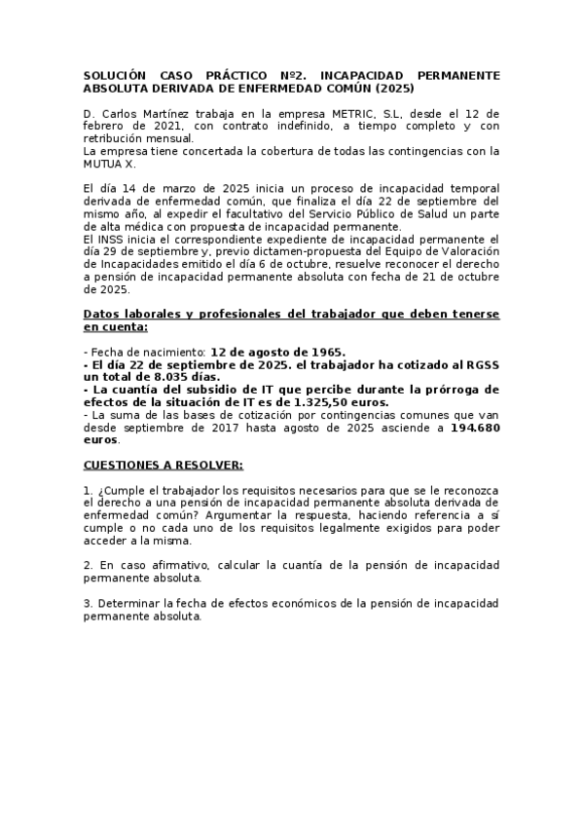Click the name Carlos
pyautogui.click(x=121, y=113)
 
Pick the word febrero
pyautogui.click(x=106, y=126)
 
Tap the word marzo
pyautogui.click(x=176, y=188)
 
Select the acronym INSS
pyautogui.click(x=114, y=238)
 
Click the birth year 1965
pyautogui.click(x=325, y=352)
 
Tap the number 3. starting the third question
pyautogui.click(x=89, y=603)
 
